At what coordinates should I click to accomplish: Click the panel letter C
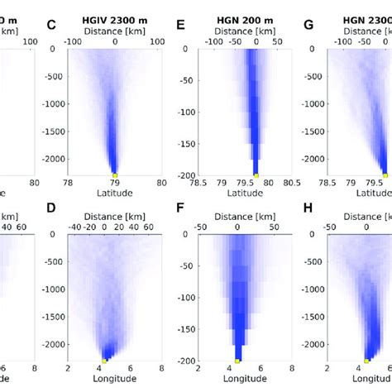(51, 25)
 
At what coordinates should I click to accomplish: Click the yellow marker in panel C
(115, 174)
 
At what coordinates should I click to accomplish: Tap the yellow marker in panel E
(256, 175)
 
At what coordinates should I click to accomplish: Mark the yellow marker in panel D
(104, 361)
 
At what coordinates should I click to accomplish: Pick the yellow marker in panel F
(237, 361)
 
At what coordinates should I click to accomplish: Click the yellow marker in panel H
(366, 361)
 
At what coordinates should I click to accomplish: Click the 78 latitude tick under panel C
(68, 184)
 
